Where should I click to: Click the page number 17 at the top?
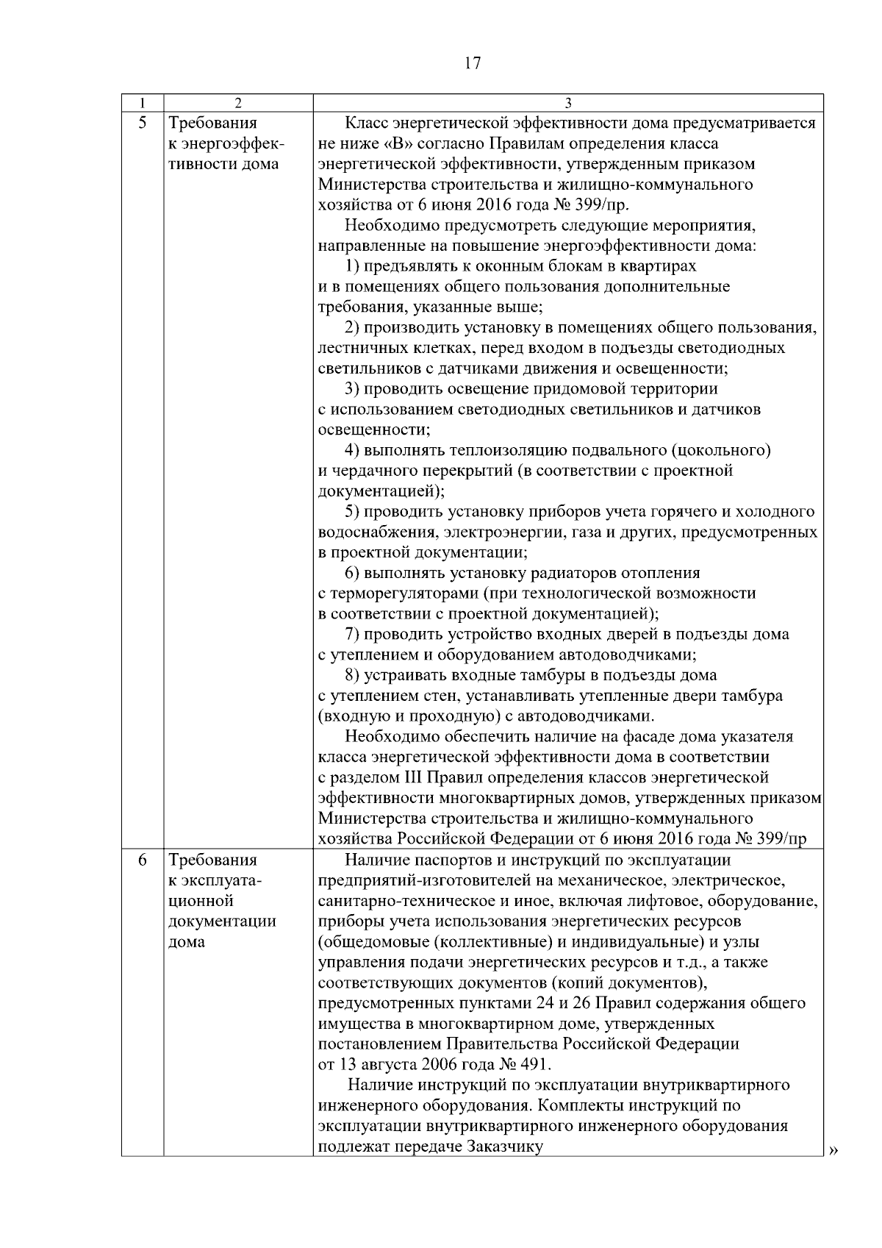click(x=473, y=63)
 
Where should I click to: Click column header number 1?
click(x=142, y=102)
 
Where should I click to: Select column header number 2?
click(x=237, y=102)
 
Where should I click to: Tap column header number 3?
click(x=567, y=102)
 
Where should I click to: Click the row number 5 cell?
click(x=143, y=122)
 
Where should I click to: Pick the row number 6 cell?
click(x=143, y=860)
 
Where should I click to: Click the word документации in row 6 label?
click(x=222, y=921)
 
